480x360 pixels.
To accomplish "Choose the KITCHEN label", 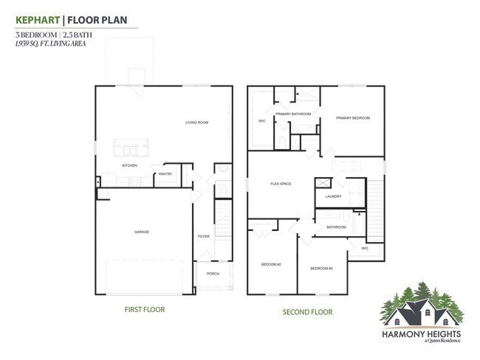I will point(129,165).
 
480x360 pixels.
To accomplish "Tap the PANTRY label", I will point(165,174).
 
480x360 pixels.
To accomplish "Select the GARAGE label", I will point(141,232).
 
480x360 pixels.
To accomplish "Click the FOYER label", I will point(203,236).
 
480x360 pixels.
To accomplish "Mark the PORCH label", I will point(213,274).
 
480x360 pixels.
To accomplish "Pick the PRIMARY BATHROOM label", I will point(292,114).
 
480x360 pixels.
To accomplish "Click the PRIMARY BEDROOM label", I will point(352,118).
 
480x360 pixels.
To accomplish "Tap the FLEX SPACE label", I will point(281,184).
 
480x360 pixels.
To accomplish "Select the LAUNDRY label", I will point(333,196).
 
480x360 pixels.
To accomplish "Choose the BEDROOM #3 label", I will point(321,268).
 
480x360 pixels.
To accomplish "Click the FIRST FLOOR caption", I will point(144,310).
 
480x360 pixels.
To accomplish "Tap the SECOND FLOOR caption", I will point(308,312).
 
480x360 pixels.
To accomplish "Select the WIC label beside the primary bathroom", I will point(261,121).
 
